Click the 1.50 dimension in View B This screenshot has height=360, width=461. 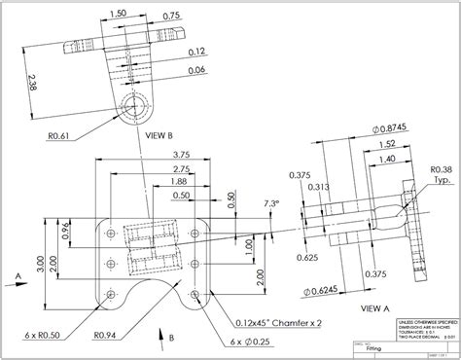click(x=119, y=14)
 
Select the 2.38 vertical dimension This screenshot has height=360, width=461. click(x=33, y=83)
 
